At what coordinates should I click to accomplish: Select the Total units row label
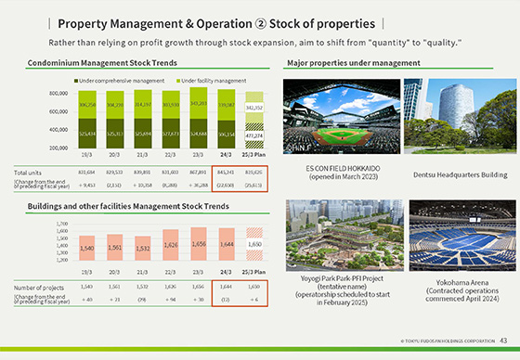[x=27, y=172]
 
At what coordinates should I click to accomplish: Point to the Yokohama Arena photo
[x=449, y=234]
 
